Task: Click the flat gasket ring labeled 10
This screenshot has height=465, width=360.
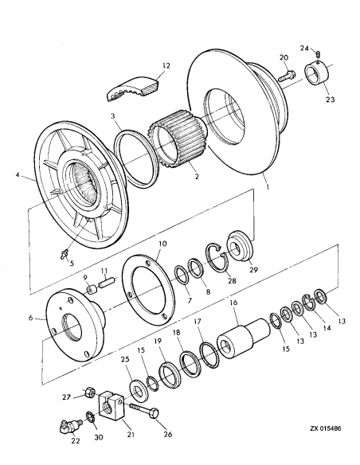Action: (x=151, y=290)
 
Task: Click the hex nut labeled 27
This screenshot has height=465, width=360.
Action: (x=90, y=393)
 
